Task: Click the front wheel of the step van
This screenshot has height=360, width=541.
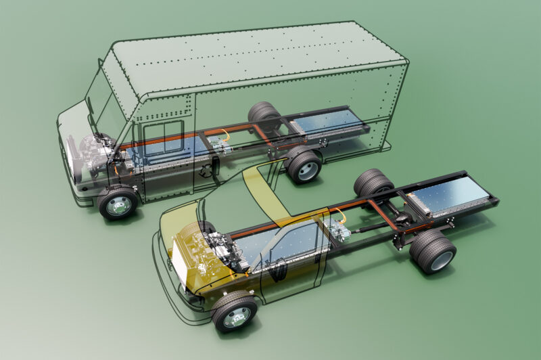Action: [118, 203]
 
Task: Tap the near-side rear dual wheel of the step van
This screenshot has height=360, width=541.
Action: [304, 166]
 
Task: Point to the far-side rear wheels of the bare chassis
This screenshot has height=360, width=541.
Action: [373, 183]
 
